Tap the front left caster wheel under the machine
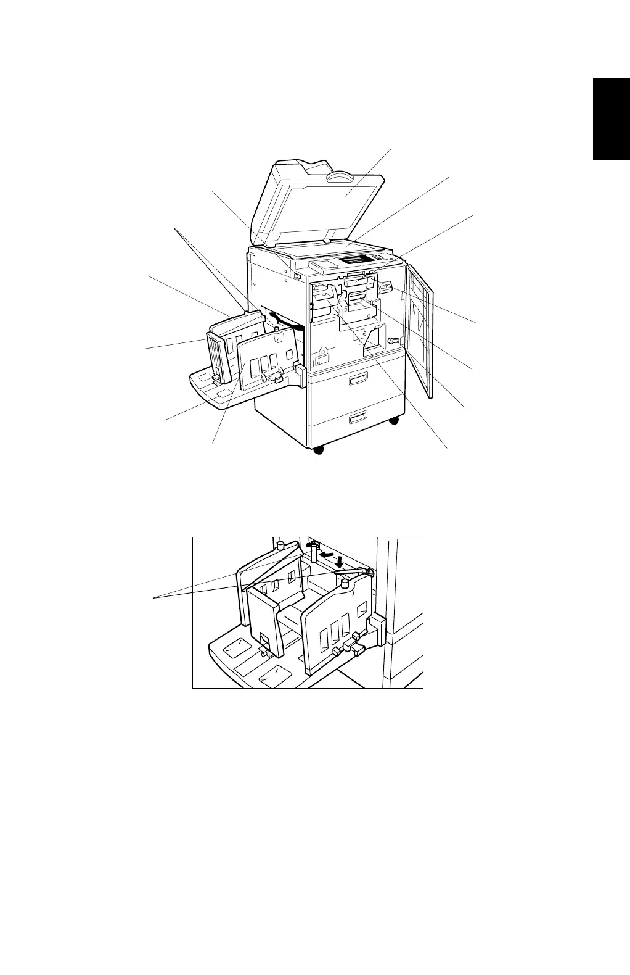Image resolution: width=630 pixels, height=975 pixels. pyautogui.click(x=318, y=450)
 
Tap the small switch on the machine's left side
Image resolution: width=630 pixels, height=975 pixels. pyautogui.click(x=298, y=276)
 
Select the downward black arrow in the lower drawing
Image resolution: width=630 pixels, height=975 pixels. pyautogui.click(x=339, y=560)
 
